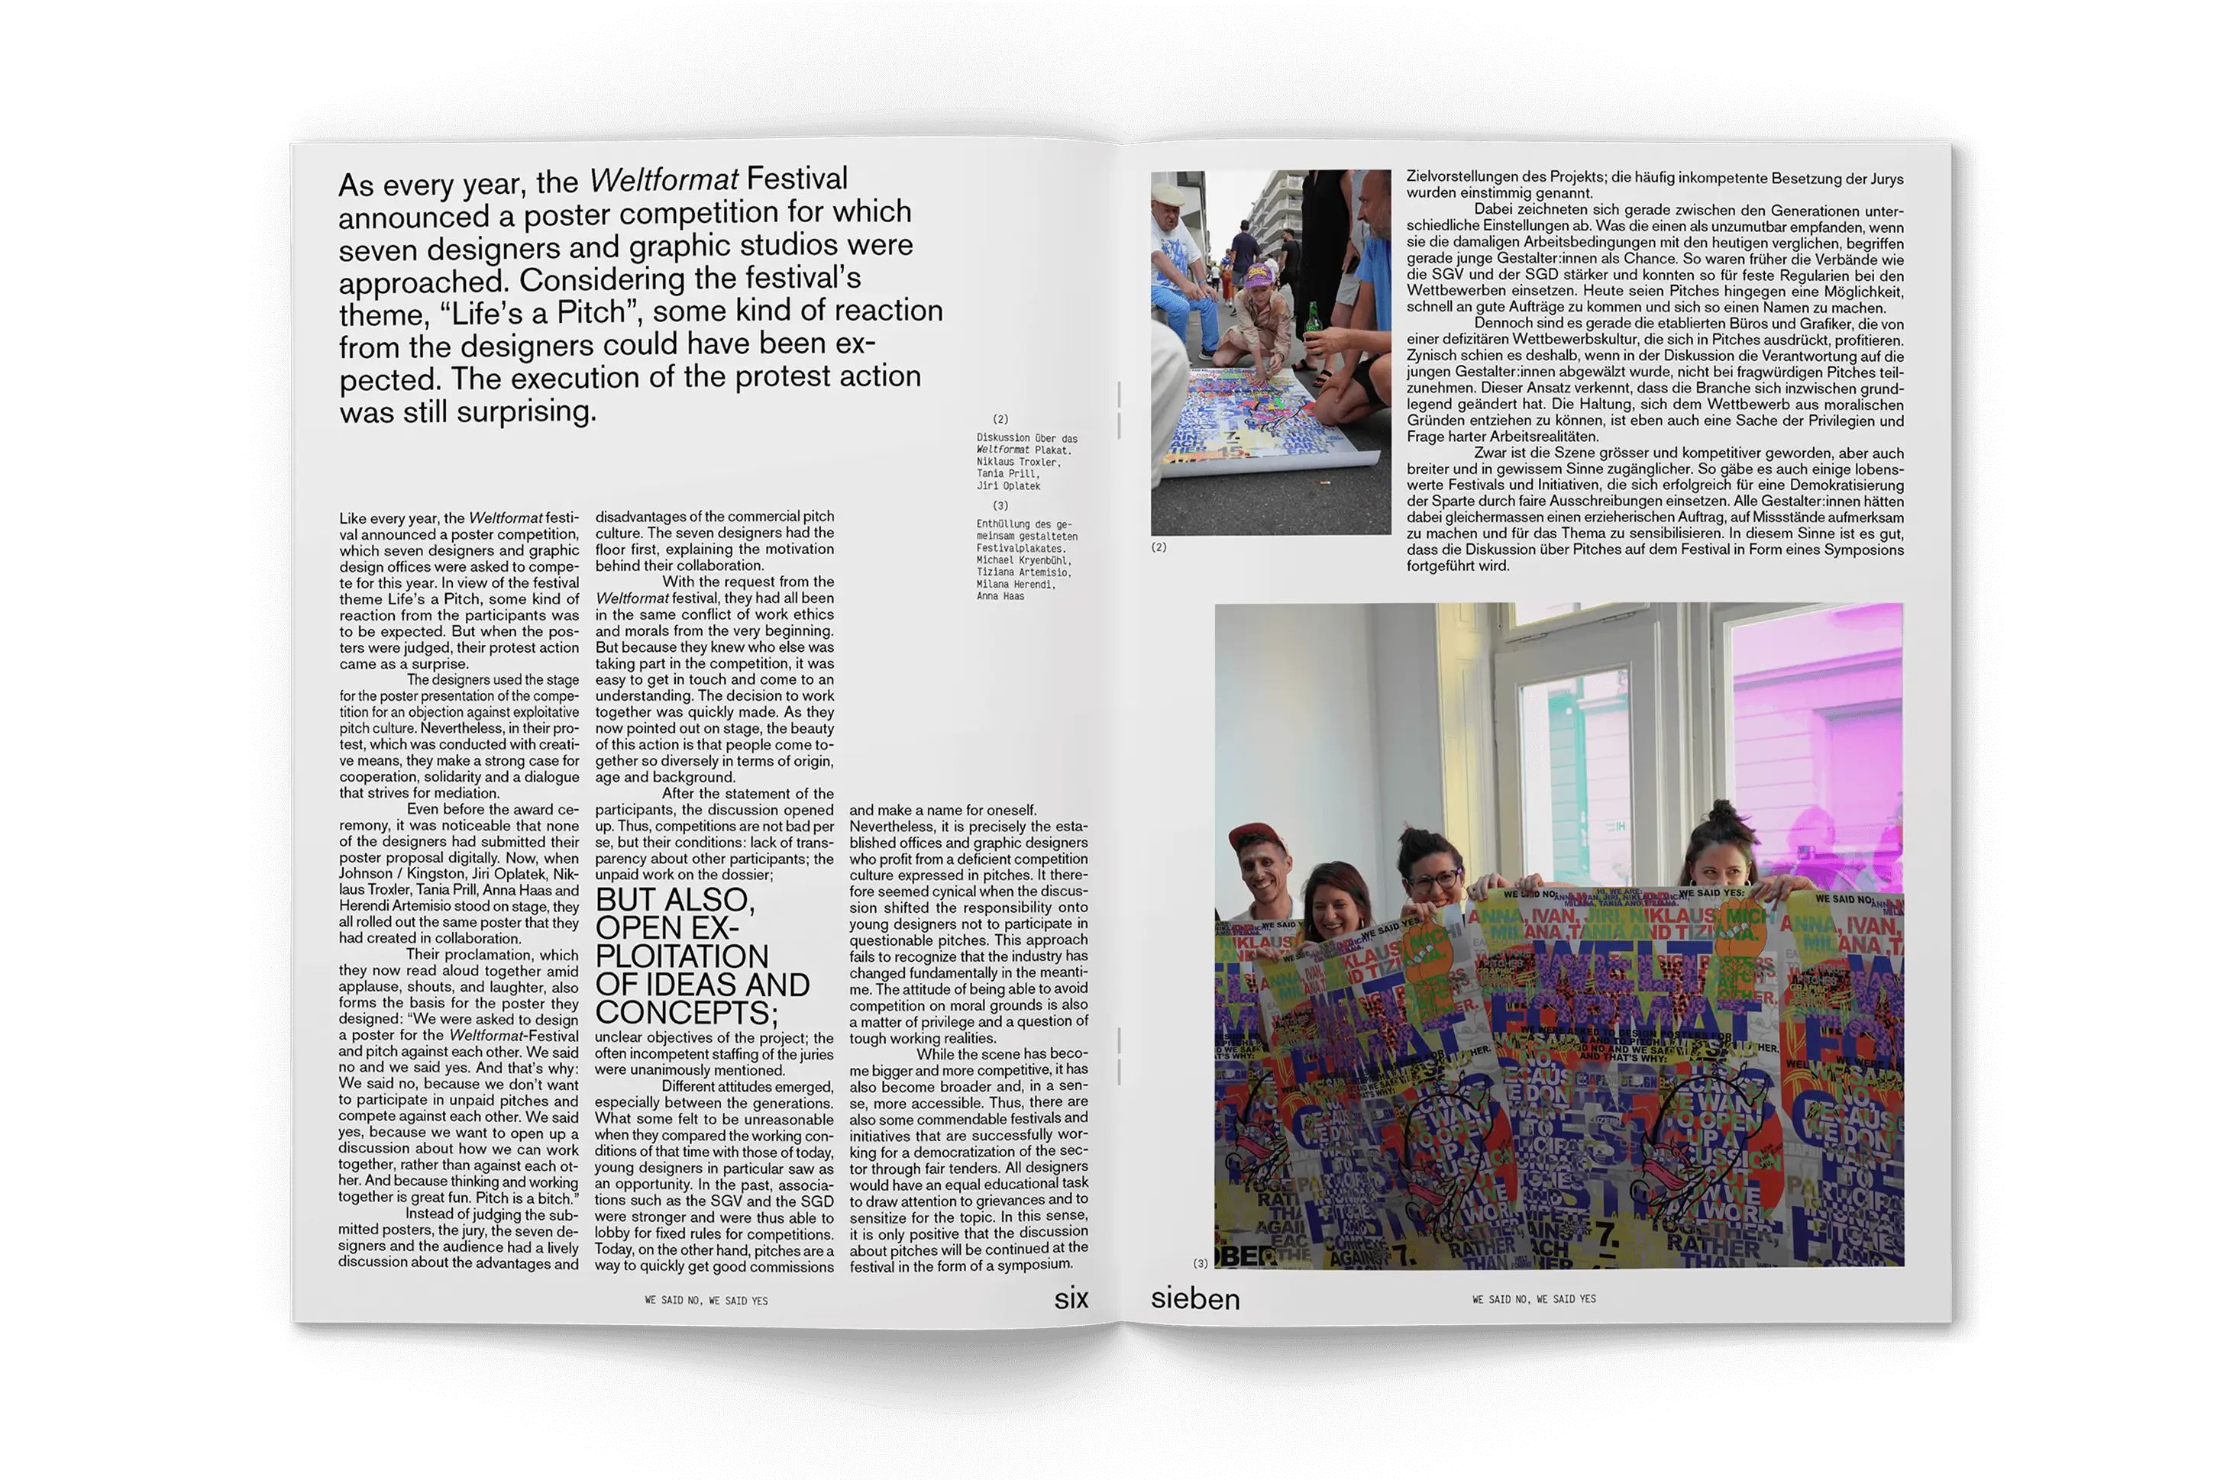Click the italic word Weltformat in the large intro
click(x=663, y=179)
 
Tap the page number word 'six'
click(x=1071, y=1299)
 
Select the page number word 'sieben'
click(x=1194, y=1299)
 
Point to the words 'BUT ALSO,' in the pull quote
click(x=674, y=899)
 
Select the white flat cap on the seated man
click(x=1168, y=195)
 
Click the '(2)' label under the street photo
click(x=1159, y=547)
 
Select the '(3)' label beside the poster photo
click(x=1200, y=1263)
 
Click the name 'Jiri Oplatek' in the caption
click(x=1007, y=486)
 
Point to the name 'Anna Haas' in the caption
click(x=1000, y=597)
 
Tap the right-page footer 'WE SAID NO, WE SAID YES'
click(x=1534, y=1300)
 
